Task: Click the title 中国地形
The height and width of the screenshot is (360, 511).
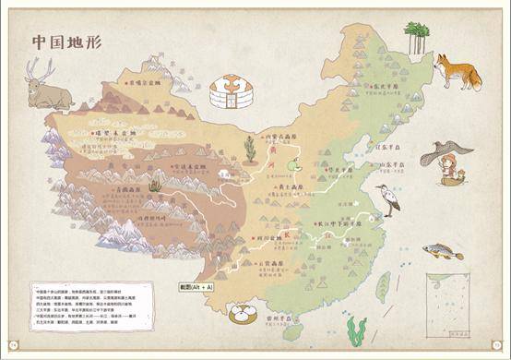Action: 68,42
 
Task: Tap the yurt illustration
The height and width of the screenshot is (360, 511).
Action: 226,92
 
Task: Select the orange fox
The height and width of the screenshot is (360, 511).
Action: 458,71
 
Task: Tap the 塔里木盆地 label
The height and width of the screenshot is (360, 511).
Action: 121,135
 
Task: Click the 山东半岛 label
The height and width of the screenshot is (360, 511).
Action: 395,164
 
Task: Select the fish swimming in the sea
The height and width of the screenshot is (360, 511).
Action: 443,250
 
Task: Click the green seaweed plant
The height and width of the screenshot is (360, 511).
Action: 358,328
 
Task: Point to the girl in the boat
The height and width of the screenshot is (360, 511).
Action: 452,171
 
